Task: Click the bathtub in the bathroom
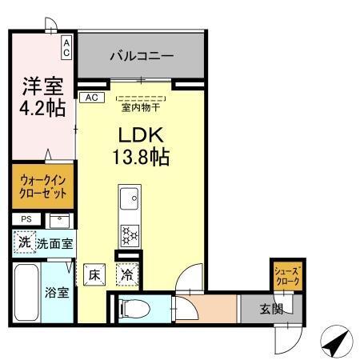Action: tap(26, 291)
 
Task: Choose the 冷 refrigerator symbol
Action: tap(127, 275)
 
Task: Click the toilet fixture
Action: tap(134, 306)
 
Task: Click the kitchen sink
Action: tap(129, 196)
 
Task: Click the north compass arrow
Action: tap(337, 343)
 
